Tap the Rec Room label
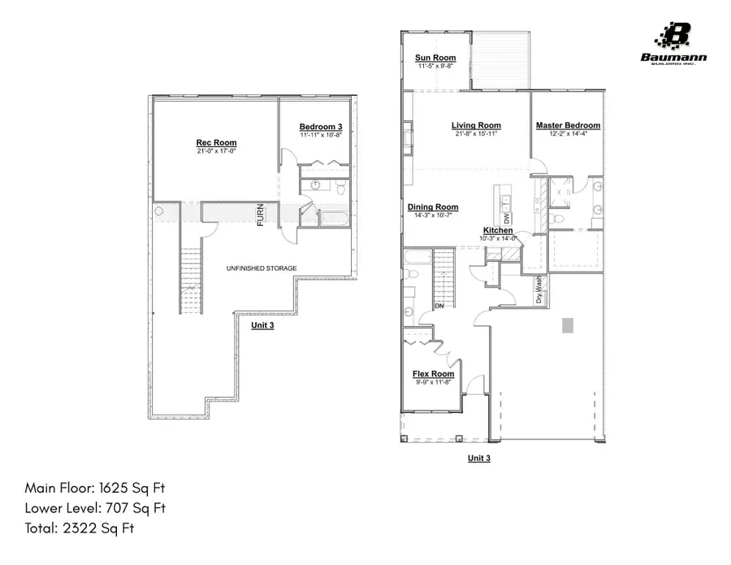click(x=216, y=142)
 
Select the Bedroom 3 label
click(x=321, y=127)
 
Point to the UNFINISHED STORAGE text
click(x=261, y=268)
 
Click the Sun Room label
click(x=435, y=58)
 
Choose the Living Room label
click(x=476, y=125)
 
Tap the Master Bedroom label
click(x=568, y=125)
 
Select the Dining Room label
click(x=433, y=207)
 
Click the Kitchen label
click(x=498, y=231)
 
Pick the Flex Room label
click(x=433, y=374)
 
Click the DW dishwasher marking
click(x=508, y=218)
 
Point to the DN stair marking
click(x=439, y=306)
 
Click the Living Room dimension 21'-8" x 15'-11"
click(x=476, y=134)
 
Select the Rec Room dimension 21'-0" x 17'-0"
click(x=216, y=151)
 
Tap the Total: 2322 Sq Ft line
click(x=79, y=529)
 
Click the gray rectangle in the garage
click(x=569, y=325)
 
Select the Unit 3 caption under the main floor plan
click(x=479, y=459)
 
